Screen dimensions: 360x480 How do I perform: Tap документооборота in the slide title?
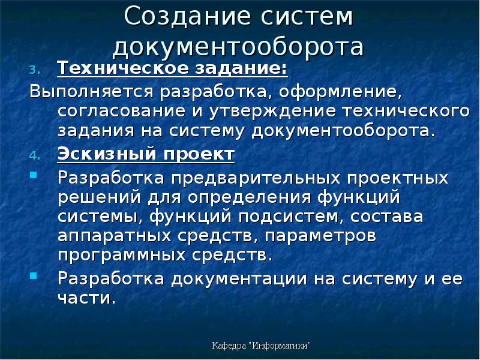pyautogui.click(x=238, y=47)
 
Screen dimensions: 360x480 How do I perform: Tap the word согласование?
pyautogui.click(x=123, y=112)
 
